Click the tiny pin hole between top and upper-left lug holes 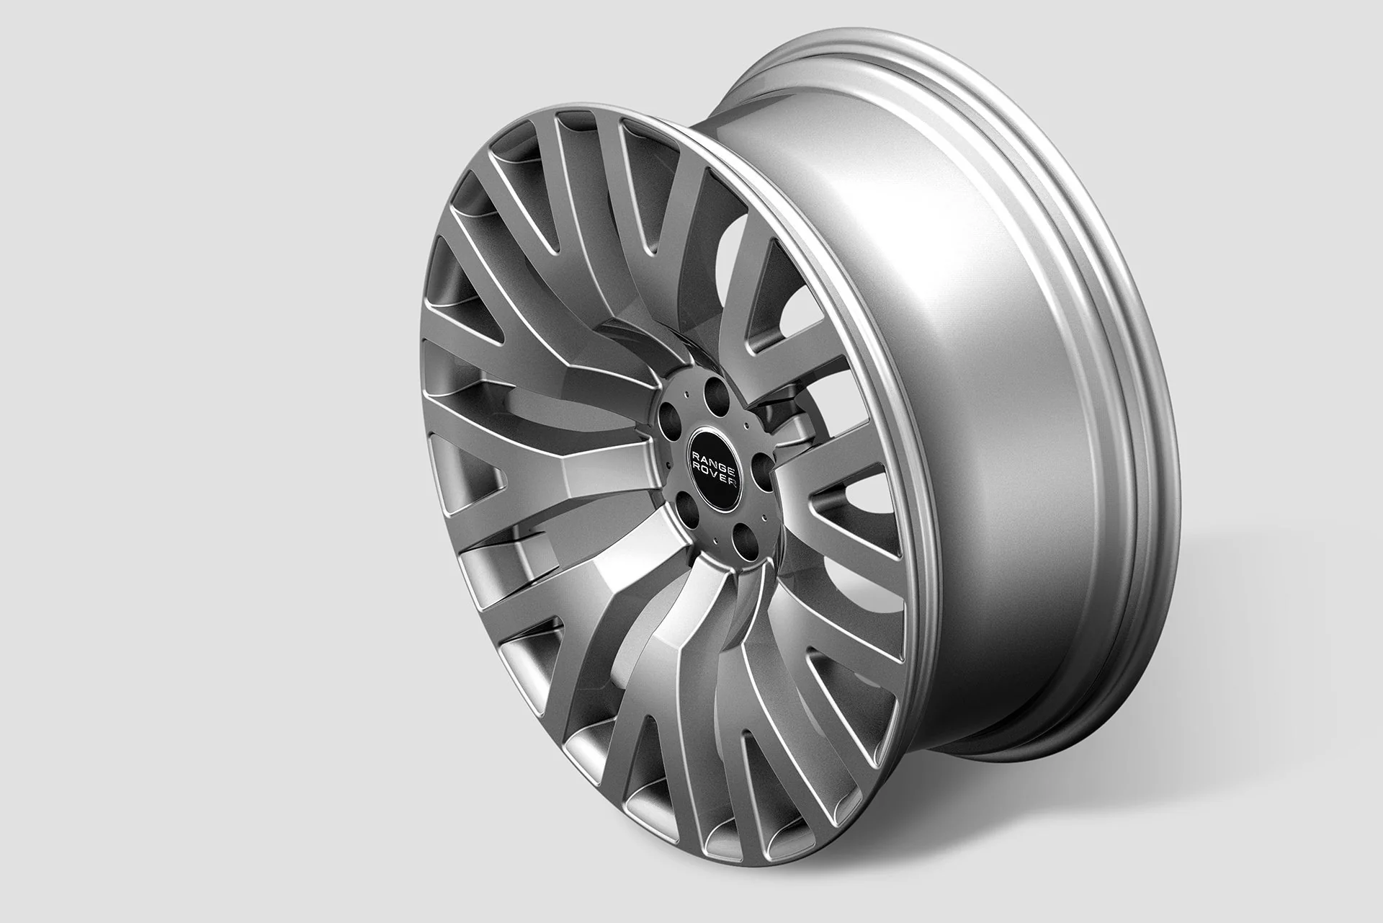[686, 393]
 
